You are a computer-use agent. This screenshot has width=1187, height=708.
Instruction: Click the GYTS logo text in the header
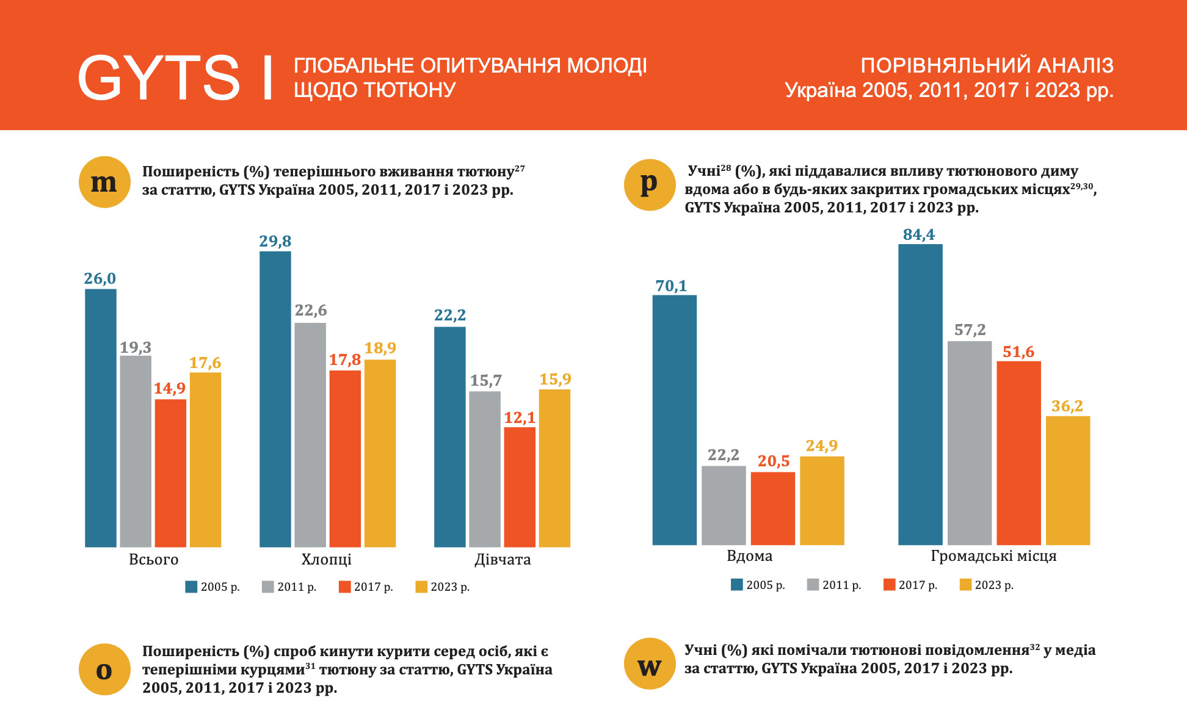coord(159,78)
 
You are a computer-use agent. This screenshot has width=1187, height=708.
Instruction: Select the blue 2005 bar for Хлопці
coord(275,399)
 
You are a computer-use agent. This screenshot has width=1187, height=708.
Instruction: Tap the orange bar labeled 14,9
coord(170,473)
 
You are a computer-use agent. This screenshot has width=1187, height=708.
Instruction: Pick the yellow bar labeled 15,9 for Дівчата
coord(554,468)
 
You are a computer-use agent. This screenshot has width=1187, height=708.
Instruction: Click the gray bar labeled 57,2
coord(970,443)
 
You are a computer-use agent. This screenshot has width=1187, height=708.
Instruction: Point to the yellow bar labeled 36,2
coord(1068,480)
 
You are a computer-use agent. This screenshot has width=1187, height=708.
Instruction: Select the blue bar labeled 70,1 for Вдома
coord(674,420)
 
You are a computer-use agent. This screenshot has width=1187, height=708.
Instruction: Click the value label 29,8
coord(275,241)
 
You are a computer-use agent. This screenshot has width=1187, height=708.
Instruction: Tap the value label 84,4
coord(919,234)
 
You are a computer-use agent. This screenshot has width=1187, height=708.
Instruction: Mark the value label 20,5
coord(774,461)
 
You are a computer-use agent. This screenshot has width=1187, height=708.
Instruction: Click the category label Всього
coord(153,560)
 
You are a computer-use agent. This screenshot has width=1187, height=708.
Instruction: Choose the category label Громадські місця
coord(993,556)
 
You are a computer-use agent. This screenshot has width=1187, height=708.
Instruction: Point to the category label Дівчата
coord(503,560)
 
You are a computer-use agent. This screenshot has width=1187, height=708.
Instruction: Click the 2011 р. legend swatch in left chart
coord(267,587)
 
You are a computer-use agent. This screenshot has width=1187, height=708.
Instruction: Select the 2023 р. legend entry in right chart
coord(987,585)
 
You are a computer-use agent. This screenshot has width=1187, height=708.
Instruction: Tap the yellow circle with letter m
coord(104,182)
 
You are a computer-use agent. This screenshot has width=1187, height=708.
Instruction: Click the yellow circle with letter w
coord(650,664)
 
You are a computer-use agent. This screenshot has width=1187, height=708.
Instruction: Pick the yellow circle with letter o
coord(104,670)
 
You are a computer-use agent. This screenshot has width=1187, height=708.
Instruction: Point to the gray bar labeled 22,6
coord(310,435)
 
